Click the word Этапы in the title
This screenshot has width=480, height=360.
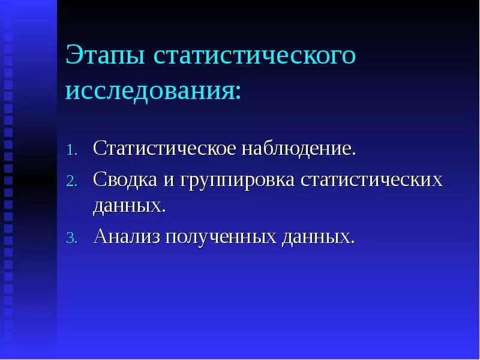coord(104,56)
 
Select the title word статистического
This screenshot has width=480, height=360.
coord(254,56)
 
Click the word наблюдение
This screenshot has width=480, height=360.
coord(296,148)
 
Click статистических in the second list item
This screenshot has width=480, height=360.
coord(371,180)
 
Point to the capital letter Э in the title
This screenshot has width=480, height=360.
coord(74,56)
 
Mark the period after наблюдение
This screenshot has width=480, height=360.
coord(354,154)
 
